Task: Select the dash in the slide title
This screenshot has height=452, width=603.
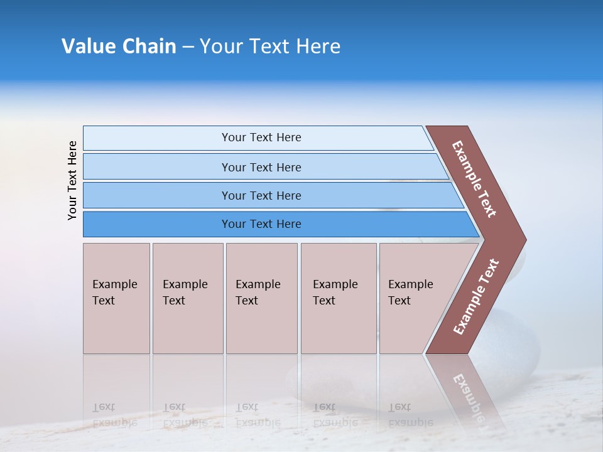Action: pyautogui.click(x=188, y=47)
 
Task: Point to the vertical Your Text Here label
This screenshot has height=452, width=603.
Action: pyautogui.click(x=72, y=180)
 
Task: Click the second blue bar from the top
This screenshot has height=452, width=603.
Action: pyautogui.click(x=261, y=167)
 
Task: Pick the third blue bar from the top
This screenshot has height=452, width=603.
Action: pyautogui.click(x=261, y=195)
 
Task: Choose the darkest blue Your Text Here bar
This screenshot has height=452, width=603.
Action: pyautogui.click(x=261, y=224)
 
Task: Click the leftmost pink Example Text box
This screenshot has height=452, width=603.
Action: pyautogui.click(x=116, y=298)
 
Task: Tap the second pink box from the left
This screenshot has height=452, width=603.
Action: pyautogui.click(x=187, y=298)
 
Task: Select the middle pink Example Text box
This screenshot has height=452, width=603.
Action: pyautogui.click(x=261, y=298)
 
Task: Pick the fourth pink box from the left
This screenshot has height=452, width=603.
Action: pyautogui.click(x=338, y=298)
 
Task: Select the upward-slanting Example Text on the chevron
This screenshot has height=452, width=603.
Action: pyautogui.click(x=476, y=296)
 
